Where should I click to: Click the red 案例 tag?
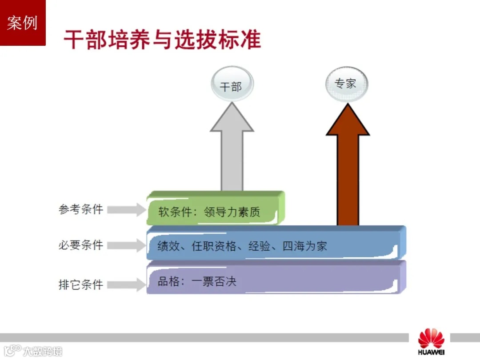pyautogui.click(x=22, y=23)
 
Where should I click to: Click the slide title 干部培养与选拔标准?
pyautogui.click(x=162, y=40)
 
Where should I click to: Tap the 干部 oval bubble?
pyautogui.click(x=231, y=86)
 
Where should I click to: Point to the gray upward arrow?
pyautogui.click(x=232, y=147)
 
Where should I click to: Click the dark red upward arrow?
pyautogui.click(x=348, y=164)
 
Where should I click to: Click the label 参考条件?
pyautogui.click(x=80, y=209)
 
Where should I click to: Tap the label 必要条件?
pyautogui.click(x=80, y=245)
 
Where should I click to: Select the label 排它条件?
pyautogui.click(x=80, y=284)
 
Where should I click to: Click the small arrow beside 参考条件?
pyautogui.click(x=127, y=210)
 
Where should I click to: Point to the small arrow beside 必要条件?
pyautogui.click(x=127, y=245)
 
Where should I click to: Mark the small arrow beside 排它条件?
pyautogui.click(x=127, y=284)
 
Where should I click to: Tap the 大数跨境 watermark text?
pyautogui.click(x=43, y=351)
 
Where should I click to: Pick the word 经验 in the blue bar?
pyautogui.click(x=260, y=246)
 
